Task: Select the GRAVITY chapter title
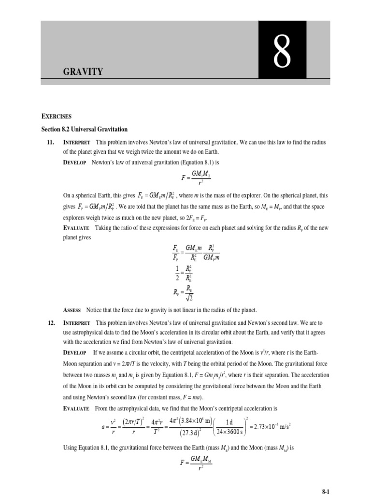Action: coord(83,72)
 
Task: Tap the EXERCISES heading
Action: coord(56,116)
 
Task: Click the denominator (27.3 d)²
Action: coord(183,433)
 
